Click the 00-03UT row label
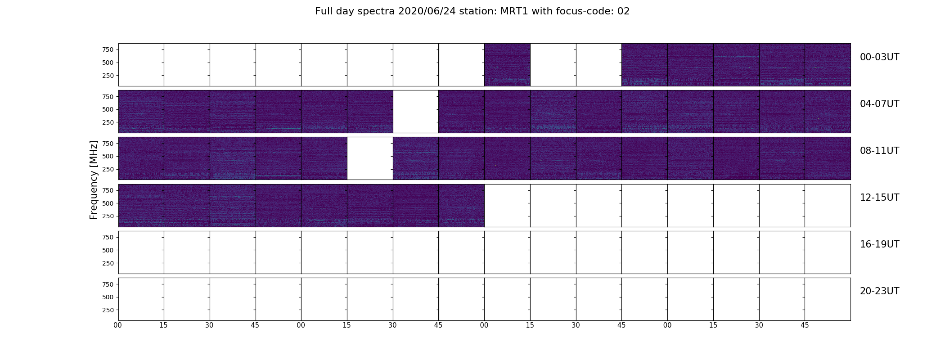879,57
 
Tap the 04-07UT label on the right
879,104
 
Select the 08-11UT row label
879,151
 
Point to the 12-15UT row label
879,198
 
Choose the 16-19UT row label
879,244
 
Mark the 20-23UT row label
879,291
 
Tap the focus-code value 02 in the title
624,11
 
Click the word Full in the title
323,11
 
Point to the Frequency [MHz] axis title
94,180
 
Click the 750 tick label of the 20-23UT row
108,284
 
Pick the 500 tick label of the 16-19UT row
108,250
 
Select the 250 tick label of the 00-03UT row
108,76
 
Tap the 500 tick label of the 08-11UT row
108,156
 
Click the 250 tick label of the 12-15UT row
108,216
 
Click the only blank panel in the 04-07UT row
416,112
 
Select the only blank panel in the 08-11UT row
370,158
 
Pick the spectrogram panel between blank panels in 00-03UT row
507,65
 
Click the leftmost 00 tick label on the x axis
118,325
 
